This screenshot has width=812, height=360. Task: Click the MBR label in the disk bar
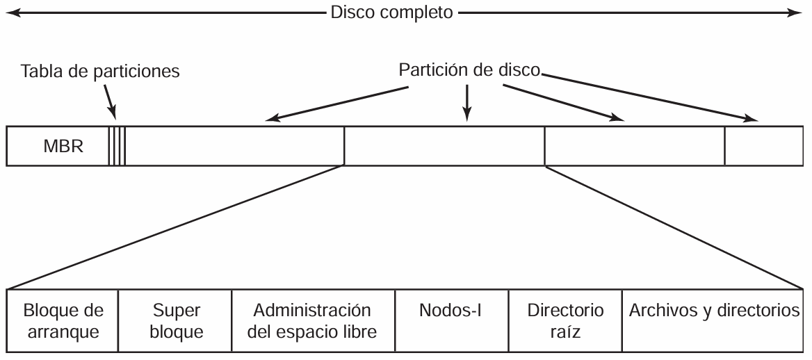tap(63, 146)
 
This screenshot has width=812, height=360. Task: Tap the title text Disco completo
tap(391, 13)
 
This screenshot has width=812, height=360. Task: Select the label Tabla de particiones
tap(100, 71)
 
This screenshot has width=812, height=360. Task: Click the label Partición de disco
tap(469, 70)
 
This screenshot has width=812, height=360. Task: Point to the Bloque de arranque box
tap(63, 320)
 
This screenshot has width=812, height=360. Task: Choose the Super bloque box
tap(175, 320)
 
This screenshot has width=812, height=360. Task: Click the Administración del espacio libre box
tap(313, 320)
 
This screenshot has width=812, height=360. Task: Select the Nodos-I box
tap(452, 320)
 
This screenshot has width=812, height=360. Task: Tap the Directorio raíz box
tap(565, 320)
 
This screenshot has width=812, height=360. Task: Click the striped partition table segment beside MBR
tap(117, 146)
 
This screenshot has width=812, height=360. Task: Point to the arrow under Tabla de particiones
tap(110, 102)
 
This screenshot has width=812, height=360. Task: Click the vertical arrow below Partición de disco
tap(467, 103)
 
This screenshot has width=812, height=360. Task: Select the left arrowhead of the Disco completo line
tap(11, 13)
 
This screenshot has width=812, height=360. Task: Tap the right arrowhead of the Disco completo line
tap(795, 13)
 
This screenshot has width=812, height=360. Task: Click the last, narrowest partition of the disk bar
tap(764, 146)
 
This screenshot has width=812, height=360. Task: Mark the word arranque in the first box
tap(63, 332)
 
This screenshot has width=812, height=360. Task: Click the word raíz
tap(565, 331)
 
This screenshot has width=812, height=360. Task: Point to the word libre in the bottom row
tap(358, 331)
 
